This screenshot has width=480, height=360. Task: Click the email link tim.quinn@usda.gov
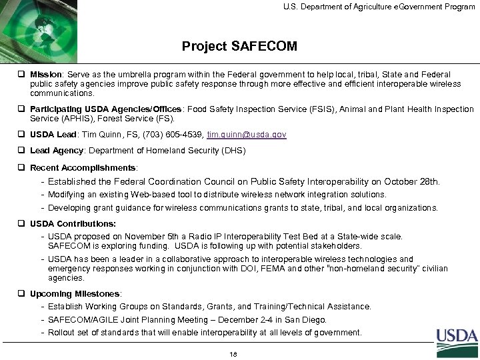[x=247, y=135]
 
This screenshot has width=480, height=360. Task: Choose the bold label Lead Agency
[x=57, y=151]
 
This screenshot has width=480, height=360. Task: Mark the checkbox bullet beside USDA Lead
[x=22, y=135]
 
